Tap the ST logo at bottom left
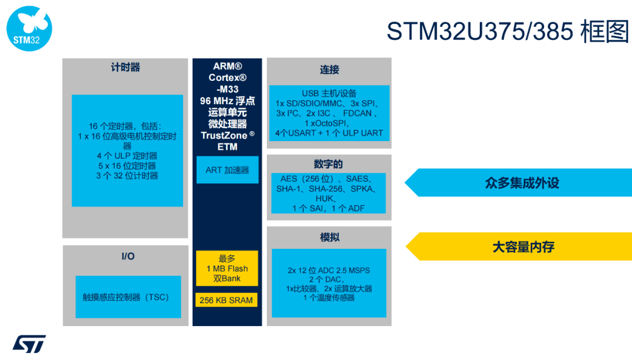(x=29, y=344)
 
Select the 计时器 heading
(x=125, y=67)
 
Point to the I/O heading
(x=128, y=256)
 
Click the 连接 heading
(x=329, y=70)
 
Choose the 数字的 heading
(x=329, y=164)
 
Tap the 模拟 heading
(x=329, y=237)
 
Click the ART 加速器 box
(x=227, y=170)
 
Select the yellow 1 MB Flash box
(x=227, y=268)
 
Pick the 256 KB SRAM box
(x=226, y=300)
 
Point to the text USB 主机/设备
(x=329, y=93)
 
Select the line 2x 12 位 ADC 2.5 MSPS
(x=329, y=270)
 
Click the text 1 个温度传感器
(x=329, y=297)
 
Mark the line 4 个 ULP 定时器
(x=127, y=156)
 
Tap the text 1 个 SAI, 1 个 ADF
(x=328, y=208)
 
